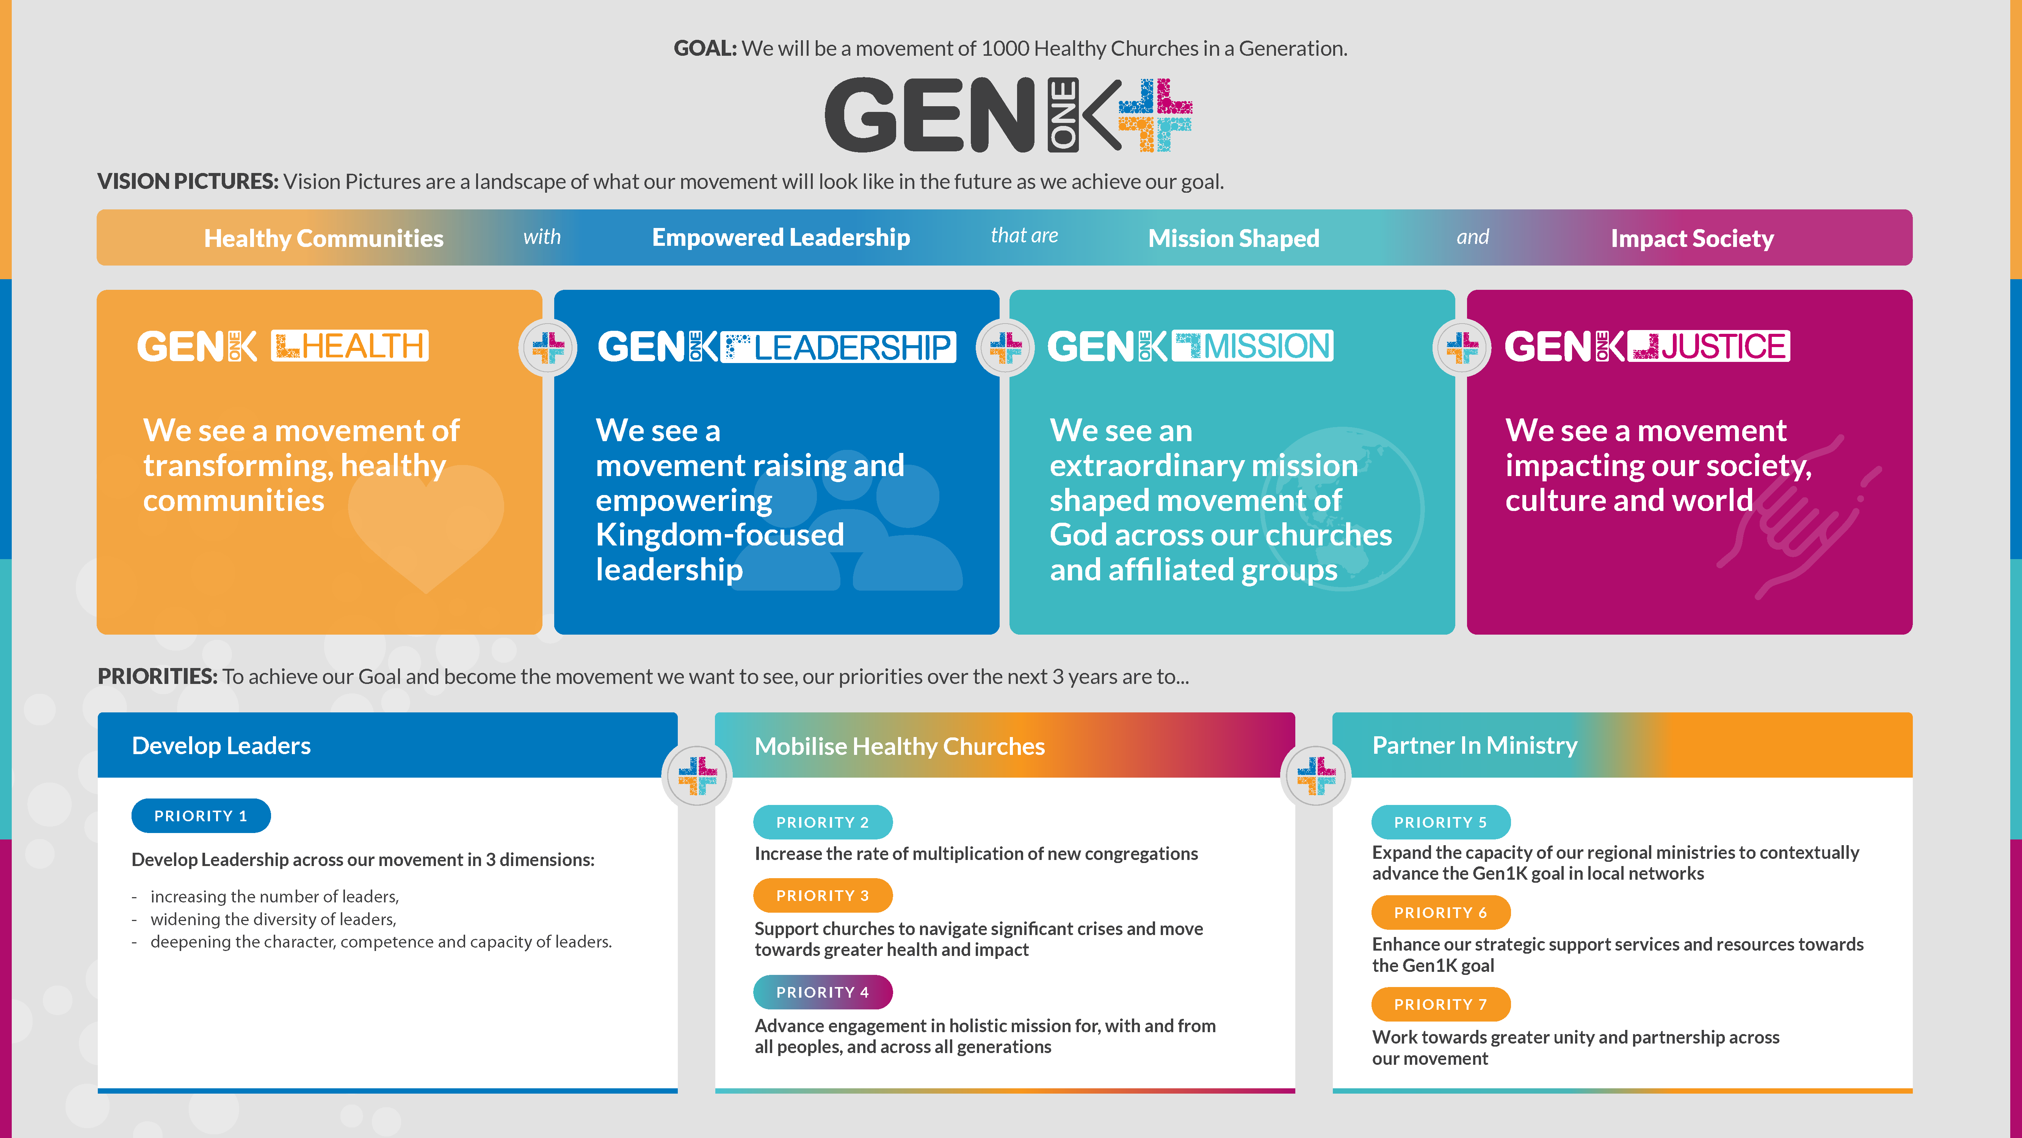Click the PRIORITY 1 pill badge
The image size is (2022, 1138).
(x=201, y=816)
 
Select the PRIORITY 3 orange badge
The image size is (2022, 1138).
(x=823, y=895)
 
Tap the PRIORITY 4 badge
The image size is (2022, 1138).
(x=823, y=992)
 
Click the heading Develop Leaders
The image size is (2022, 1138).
(x=221, y=745)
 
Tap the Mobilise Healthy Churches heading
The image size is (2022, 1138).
(x=900, y=746)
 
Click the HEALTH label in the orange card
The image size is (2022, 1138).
(x=350, y=346)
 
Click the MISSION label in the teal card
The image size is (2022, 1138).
(x=1253, y=346)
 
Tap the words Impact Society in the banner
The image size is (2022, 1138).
(x=1692, y=238)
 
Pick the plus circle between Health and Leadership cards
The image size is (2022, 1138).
(x=548, y=347)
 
